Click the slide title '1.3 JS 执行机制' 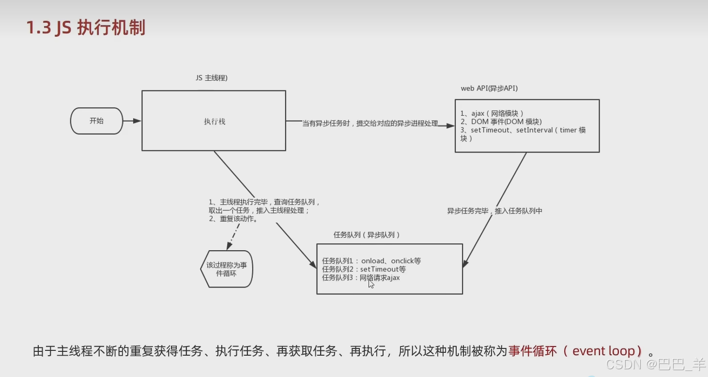point(86,28)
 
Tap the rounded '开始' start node point(96,121)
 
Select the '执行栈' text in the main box point(215,122)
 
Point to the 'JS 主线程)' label point(212,77)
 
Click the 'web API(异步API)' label point(489,88)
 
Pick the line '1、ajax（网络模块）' point(492,113)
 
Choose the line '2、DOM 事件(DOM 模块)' point(501,121)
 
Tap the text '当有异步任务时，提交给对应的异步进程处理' point(370,124)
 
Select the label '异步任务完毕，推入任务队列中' point(494,211)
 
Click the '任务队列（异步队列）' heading point(367,235)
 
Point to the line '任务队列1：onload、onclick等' point(371,261)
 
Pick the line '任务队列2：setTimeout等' point(364,269)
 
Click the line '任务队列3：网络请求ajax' point(361,278)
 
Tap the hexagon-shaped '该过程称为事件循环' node point(227,269)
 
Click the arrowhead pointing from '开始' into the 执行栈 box point(138,121)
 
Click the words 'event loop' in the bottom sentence point(603,351)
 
